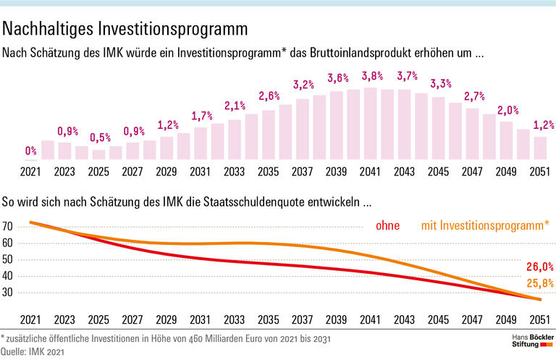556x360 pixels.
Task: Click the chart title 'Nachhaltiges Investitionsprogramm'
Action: click(126, 30)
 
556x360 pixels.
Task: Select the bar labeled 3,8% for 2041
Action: click(371, 123)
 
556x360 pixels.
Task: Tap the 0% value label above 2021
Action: click(30, 151)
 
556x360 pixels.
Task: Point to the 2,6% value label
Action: click(269, 96)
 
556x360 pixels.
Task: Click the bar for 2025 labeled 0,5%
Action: click(98, 154)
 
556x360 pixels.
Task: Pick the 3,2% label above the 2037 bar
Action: click(303, 85)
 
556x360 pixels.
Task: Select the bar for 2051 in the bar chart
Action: click(539, 148)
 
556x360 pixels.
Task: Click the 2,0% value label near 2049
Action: click(508, 111)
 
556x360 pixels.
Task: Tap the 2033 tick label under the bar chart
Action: click(235, 173)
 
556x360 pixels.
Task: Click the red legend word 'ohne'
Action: click(388, 226)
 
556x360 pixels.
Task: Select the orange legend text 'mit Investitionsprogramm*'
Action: click(484, 226)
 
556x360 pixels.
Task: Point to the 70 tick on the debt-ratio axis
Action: click(9, 227)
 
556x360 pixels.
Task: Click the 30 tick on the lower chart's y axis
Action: click(9, 292)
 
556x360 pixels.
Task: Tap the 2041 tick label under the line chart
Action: click(371, 319)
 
